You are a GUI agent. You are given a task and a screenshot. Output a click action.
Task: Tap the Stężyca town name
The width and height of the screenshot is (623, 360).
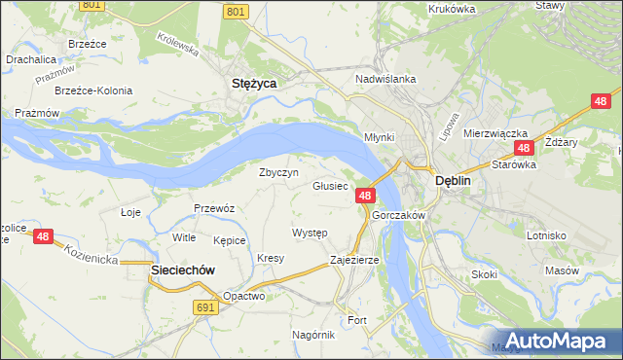(254, 84)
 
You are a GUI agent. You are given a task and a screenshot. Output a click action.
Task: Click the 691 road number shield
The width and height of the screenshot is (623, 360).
(203, 306)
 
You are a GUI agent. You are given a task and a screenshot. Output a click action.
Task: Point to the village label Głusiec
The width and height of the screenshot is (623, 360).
(330, 185)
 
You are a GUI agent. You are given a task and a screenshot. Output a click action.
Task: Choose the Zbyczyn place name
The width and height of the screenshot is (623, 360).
(277, 172)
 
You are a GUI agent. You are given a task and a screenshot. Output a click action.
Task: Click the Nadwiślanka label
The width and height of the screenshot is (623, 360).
(386, 79)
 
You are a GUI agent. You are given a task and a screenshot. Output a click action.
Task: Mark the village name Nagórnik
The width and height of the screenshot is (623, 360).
(313, 335)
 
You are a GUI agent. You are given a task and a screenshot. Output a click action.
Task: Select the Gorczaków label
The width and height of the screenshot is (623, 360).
(395, 215)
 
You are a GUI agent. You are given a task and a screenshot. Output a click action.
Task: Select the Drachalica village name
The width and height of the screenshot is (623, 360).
(30, 59)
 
